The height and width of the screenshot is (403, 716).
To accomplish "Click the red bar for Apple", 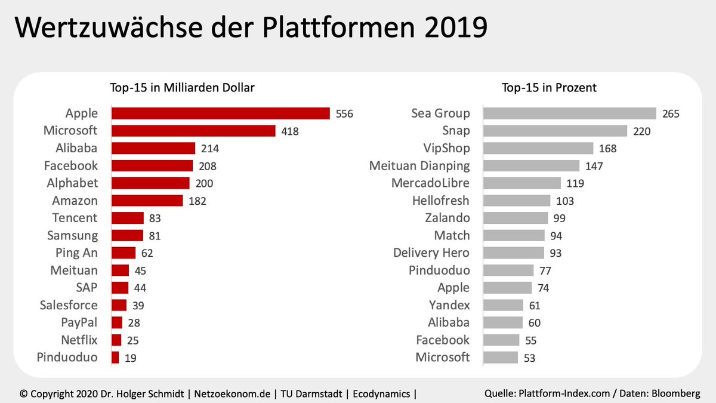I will (x=221, y=113).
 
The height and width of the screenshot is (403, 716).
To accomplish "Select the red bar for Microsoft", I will (x=193, y=131).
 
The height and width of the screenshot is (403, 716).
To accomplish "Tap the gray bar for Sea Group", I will (x=569, y=113).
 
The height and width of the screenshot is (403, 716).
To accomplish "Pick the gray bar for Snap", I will (x=555, y=131).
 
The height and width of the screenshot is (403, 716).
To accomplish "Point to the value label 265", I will (x=671, y=113).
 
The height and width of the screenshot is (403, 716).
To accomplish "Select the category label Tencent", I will (x=75, y=218).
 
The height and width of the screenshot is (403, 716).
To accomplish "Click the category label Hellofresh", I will (x=440, y=201).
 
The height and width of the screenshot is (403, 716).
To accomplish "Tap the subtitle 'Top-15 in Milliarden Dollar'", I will (x=182, y=88).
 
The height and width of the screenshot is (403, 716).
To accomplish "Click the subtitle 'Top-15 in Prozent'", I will (x=549, y=88).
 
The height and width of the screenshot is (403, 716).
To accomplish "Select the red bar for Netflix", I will (x=116, y=340).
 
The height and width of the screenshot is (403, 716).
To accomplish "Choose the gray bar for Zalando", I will (x=516, y=218).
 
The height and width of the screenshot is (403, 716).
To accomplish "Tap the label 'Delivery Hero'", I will (x=431, y=253).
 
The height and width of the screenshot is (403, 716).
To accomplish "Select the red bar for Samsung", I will (x=127, y=235).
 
